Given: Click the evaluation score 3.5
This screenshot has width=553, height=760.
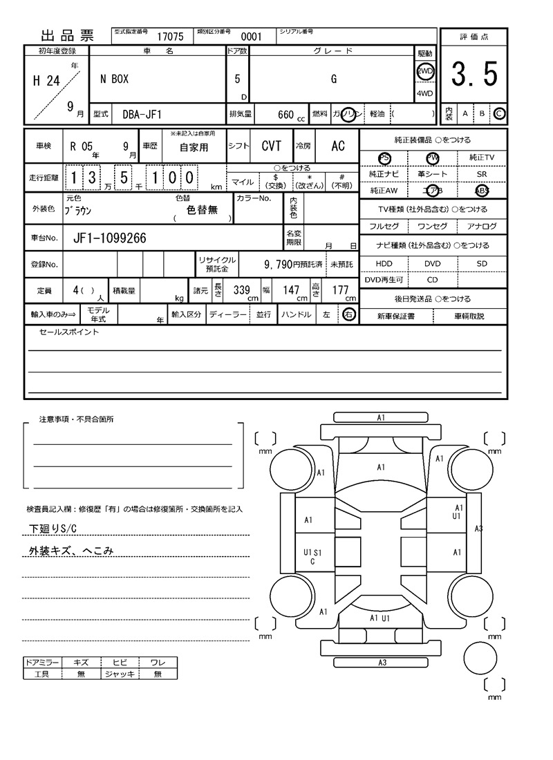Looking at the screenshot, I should coord(474,75).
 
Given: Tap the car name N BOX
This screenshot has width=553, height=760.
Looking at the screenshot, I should coord(114,79).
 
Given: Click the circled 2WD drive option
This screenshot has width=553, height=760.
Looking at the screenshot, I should coord(424,71).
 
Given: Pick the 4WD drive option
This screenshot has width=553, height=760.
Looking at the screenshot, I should coord(424,93).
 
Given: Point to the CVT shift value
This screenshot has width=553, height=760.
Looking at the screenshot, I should coord(271,146).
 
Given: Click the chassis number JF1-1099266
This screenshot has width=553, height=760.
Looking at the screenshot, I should coord(109,238).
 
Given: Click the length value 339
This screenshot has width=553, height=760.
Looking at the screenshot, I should coord(241,291).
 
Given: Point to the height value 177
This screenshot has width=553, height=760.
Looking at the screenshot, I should coord(340,291).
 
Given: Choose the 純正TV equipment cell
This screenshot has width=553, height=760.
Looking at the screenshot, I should coord(482,158).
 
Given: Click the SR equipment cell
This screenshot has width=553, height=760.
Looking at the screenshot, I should coord(482,175).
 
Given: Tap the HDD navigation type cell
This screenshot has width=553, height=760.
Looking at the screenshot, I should coord(384,263).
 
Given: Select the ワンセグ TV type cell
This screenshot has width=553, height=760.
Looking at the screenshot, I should coord(432,226).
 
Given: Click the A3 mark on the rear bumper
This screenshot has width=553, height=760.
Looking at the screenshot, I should coord(382,663).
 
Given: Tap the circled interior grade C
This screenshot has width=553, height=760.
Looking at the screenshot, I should coord(499,113).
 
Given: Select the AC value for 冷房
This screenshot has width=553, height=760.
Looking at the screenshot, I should coord(338,146).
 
